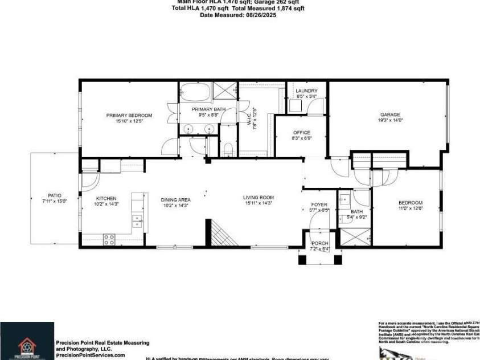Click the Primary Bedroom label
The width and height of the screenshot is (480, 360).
click(x=129, y=115)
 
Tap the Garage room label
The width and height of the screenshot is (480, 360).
click(x=390, y=114)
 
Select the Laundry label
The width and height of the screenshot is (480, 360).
click(x=306, y=91)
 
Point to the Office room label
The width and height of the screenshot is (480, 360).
click(x=301, y=132)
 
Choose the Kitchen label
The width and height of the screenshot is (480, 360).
click(x=105, y=199)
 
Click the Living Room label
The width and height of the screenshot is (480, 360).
click(x=259, y=198)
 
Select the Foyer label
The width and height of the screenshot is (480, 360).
click(x=319, y=204)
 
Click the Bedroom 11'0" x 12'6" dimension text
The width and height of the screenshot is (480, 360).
click(x=410, y=209)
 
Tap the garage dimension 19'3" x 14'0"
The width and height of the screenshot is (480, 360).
click(x=390, y=121)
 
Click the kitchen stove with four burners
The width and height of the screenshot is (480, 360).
click(x=108, y=239)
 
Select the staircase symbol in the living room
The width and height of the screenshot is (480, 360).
click(x=217, y=234)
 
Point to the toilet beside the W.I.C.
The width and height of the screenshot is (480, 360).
click(x=227, y=149)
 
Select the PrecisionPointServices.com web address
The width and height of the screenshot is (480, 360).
click(x=90, y=355)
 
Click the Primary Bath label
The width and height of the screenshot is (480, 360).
click(x=208, y=109)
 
